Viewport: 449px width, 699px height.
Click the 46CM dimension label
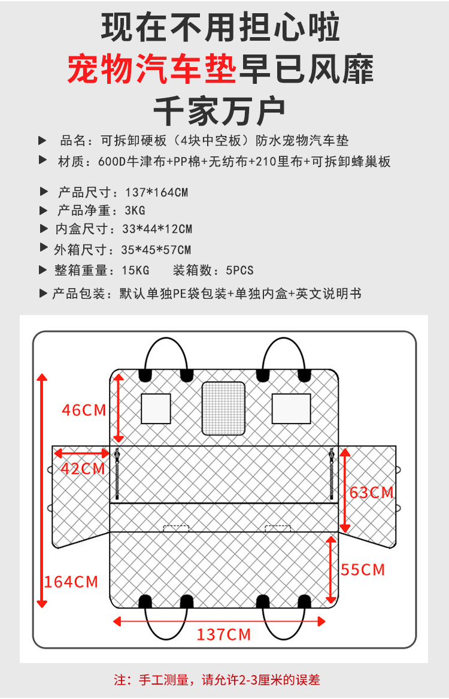(x=84, y=410)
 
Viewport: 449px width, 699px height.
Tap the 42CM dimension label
(x=83, y=468)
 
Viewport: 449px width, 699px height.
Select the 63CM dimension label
(x=372, y=492)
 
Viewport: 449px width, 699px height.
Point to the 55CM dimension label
(x=363, y=569)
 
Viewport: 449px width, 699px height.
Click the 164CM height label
(x=71, y=581)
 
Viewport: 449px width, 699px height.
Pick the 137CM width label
(x=224, y=634)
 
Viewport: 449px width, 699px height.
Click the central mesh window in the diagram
(x=223, y=408)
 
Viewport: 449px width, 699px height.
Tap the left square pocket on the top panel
(x=156, y=408)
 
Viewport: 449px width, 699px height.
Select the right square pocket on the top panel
(x=291, y=408)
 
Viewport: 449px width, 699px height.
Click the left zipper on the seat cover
(x=117, y=474)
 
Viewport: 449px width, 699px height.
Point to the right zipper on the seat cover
(x=331, y=474)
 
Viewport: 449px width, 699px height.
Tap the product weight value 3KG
(x=135, y=211)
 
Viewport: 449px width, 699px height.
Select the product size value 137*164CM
(x=157, y=193)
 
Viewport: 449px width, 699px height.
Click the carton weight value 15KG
(x=137, y=271)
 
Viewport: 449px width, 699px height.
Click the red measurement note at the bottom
(x=217, y=680)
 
